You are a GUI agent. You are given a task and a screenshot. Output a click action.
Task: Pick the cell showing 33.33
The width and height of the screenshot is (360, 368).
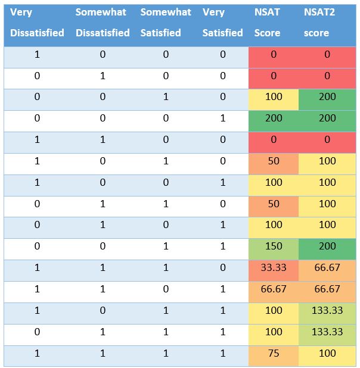coord(274,268)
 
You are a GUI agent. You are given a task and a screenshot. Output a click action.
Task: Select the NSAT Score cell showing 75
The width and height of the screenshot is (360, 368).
coord(274,354)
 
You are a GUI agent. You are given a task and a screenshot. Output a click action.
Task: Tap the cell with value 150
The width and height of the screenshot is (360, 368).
coord(274,247)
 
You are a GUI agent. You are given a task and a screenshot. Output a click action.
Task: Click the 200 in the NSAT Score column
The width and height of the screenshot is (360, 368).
coord(274,118)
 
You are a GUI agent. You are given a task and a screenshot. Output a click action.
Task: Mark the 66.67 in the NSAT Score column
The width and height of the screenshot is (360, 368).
coord(274,289)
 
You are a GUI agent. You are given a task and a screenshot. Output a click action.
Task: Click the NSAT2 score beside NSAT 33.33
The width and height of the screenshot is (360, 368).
coord(327,268)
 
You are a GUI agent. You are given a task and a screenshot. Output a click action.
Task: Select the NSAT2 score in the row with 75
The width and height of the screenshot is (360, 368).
coord(327,354)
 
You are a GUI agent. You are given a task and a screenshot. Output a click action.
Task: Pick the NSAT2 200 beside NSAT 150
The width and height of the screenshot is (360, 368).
coord(327,247)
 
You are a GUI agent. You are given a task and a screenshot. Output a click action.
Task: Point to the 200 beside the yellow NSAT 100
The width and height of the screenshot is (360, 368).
coord(327,96)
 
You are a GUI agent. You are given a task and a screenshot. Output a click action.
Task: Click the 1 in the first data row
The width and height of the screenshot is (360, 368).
coord(37,54)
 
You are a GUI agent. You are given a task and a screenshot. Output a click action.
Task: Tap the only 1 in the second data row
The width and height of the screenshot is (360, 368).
coord(103,76)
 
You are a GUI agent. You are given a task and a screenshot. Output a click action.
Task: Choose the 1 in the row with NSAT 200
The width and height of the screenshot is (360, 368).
coord(222,118)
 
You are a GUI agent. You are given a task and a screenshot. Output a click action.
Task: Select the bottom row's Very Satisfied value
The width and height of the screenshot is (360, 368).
coord(222,354)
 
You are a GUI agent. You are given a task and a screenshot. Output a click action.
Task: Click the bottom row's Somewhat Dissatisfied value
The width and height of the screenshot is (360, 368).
coord(103,354)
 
